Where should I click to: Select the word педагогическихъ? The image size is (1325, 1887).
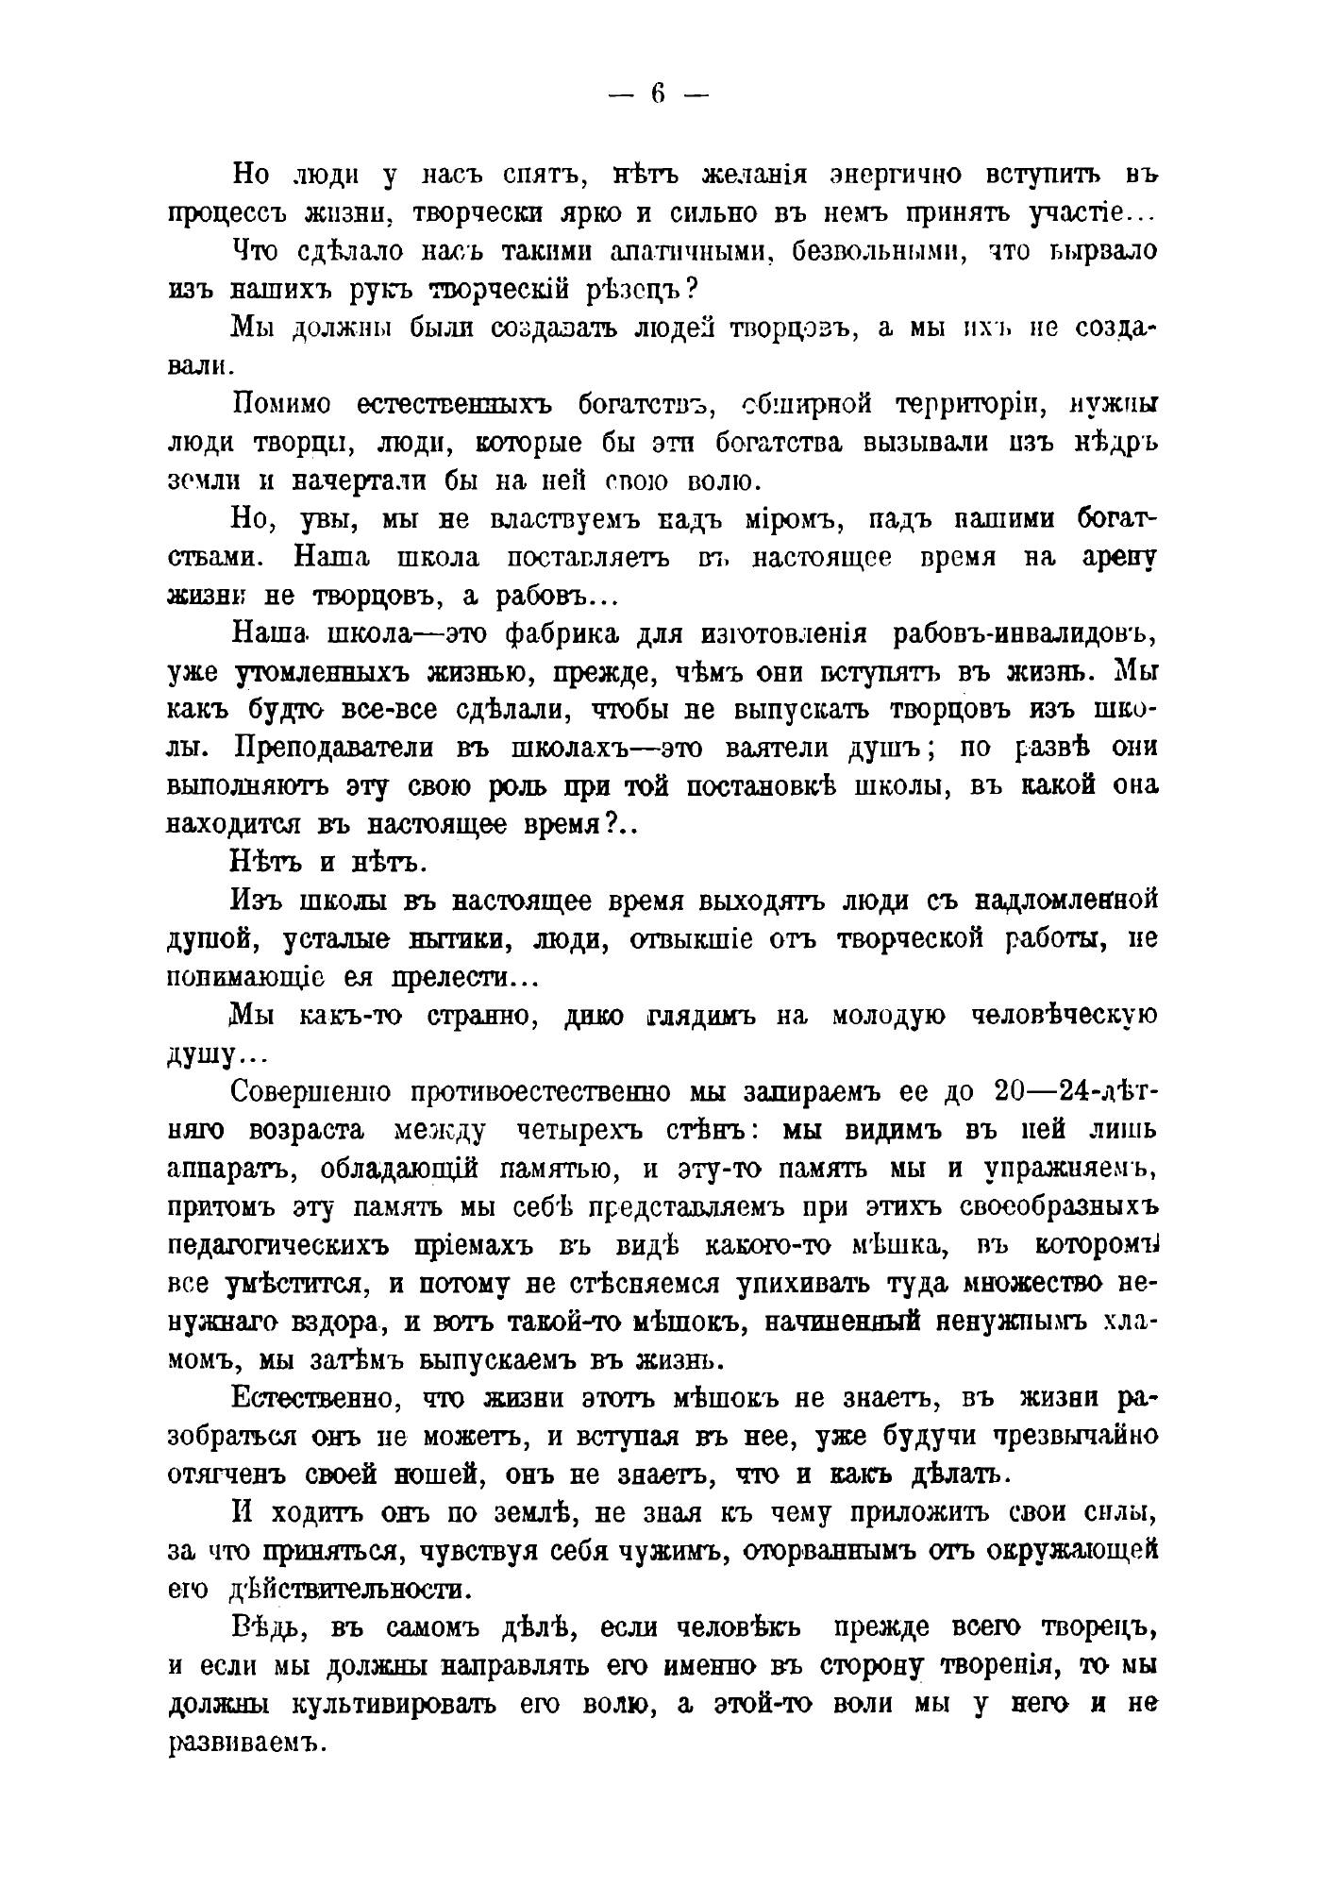coord(278,1246)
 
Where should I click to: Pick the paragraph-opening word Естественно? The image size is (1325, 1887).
coord(306,1399)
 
